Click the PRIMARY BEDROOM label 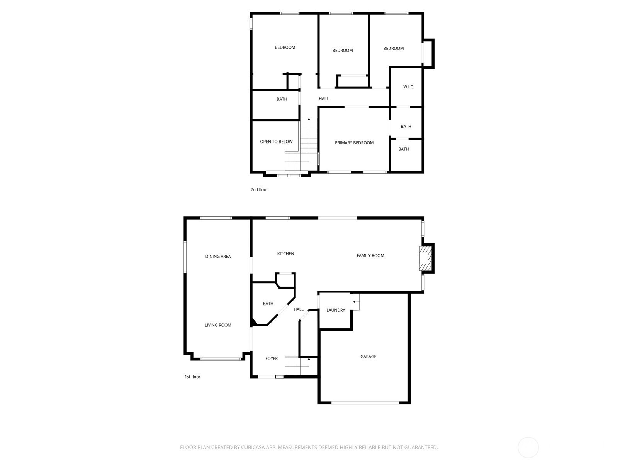[x=354, y=143]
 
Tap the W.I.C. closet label [x=408, y=87]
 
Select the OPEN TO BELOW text [x=276, y=142]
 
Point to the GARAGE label [x=368, y=357]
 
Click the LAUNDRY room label [x=336, y=310]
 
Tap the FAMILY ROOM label [x=370, y=255]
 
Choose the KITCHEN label [x=285, y=253]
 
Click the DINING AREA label [x=218, y=256]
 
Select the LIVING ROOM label [x=218, y=325]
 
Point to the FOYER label [x=272, y=358]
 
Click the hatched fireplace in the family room [x=425, y=259]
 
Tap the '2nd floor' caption [x=259, y=190]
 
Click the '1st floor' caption [x=192, y=377]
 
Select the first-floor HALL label [x=299, y=309]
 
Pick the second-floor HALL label [x=324, y=99]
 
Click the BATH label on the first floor [x=268, y=304]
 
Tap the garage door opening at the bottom [x=365, y=403]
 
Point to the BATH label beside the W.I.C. [x=406, y=127]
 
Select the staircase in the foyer [x=301, y=366]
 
